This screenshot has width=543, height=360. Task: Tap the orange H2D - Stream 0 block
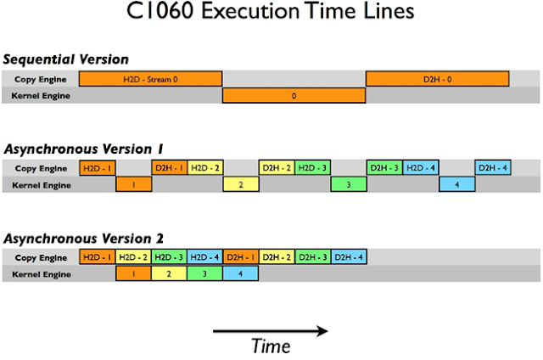150,79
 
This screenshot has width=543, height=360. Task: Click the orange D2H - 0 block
437,79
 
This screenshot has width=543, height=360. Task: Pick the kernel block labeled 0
294,96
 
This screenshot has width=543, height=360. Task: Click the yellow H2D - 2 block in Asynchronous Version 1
205,168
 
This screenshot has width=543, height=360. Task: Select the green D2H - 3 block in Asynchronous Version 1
384,168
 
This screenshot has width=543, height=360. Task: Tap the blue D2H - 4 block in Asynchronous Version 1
493,168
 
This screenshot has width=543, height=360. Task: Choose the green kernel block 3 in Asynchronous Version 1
348,184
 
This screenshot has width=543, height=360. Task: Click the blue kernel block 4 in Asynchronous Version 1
456,184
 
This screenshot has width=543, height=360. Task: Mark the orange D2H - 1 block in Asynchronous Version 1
169,168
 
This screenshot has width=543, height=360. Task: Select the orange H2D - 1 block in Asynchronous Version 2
97,257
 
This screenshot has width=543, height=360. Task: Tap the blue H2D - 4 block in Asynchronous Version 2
204,257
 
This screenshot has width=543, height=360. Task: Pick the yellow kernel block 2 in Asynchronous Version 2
169,273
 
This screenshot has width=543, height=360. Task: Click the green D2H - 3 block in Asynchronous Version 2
312,257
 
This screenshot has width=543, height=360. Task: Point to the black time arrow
270,329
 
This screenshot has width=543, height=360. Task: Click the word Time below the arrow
271,346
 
